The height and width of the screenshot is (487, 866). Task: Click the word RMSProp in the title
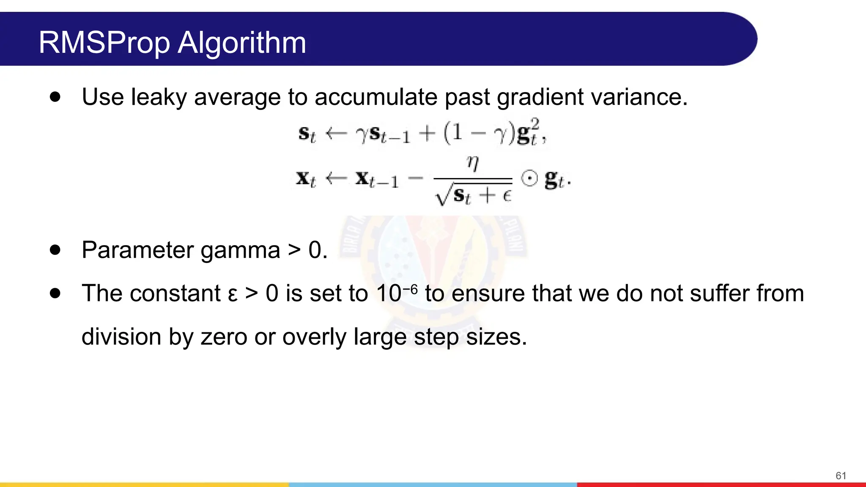tap(104, 43)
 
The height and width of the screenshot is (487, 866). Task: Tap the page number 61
tap(841, 476)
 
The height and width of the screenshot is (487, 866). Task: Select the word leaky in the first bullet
tap(159, 97)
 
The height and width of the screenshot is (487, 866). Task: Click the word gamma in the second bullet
tap(240, 250)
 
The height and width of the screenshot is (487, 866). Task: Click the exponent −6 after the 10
tap(410, 290)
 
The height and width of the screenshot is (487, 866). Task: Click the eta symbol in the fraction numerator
tap(472, 163)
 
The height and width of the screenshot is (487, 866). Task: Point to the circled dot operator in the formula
tap(529, 178)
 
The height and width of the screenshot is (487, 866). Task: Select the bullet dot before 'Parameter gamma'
tap(55, 250)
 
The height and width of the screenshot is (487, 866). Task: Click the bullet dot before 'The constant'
tap(55, 293)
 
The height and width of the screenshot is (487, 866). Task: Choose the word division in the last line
tap(121, 337)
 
